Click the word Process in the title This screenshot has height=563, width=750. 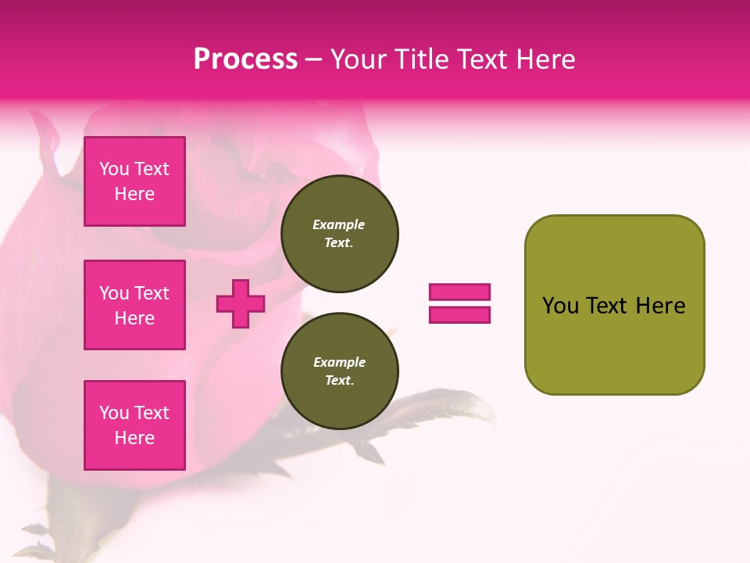[x=245, y=59]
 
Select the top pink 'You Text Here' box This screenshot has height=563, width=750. [x=134, y=181]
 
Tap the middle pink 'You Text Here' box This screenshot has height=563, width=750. [x=134, y=305]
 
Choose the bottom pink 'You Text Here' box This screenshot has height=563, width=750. [x=134, y=425]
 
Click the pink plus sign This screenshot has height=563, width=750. [x=241, y=303]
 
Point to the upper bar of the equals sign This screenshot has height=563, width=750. [x=459, y=292]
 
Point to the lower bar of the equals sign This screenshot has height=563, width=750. [x=459, y=315]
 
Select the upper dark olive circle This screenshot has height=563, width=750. [x=339, y=233]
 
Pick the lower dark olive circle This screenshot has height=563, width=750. [x=339, y=371]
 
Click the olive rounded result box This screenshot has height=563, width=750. [x=614, y=304]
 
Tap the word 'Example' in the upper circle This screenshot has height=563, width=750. [x=339, y=224]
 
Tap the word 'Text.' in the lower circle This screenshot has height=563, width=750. [x=339, y=380]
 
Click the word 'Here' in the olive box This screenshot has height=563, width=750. [x=660, y=306]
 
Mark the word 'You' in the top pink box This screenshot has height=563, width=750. [x=114, y=169]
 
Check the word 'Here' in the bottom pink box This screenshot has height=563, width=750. [x=134, y=438]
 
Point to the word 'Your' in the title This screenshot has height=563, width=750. [x=359, y=59]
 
